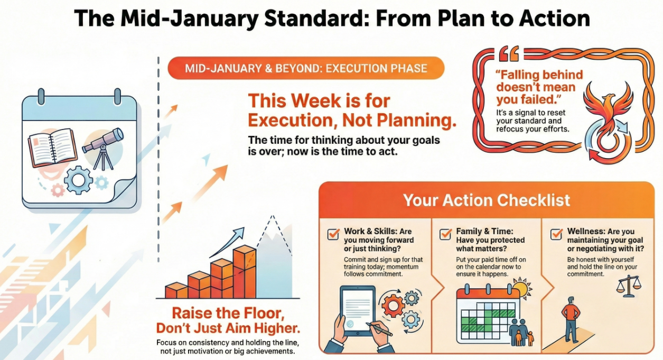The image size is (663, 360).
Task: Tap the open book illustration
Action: (x=53, y=147)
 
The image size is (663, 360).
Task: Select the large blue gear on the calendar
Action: (x=78, y=180)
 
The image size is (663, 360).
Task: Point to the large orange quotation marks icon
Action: (x=509, y=53)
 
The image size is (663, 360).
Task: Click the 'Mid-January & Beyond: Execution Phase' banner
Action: (x=306, y=68)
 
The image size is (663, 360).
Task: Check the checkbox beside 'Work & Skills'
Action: (x=333, y=234)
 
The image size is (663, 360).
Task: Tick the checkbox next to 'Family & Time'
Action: (x=445, y=234)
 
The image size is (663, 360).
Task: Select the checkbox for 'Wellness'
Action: (x=556, y=234)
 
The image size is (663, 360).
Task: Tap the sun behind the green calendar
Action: (x=522, y=288)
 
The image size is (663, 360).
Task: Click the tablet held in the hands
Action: (x=358, y=310)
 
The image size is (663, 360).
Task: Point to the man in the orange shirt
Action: (x=571, y=320)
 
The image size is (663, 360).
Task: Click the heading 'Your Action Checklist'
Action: (x=487, y=200)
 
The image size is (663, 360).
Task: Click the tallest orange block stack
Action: (x=245, y=272)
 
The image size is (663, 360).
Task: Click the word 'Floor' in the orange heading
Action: (x=263, y=313)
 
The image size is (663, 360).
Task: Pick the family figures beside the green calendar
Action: (x=521, y=333)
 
